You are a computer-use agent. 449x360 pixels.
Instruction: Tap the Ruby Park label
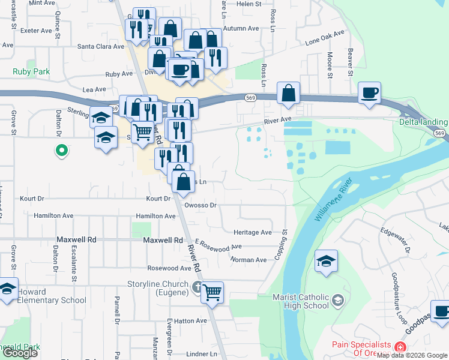pyautogui.click(x=31, y=71)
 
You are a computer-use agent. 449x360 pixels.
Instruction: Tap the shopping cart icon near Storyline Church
pyautogui.click(x=212, y=293)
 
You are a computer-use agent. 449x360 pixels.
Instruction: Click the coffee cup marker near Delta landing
pyautogui.click(x=369, y=93)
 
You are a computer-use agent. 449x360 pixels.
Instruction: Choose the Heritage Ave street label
pyautogui.click(x=253, y=232)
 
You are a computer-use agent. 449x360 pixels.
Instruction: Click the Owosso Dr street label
pyautogui.click(x=200, y=205)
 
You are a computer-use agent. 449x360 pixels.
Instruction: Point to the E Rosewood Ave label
pyautogui.click(x=218, y=247)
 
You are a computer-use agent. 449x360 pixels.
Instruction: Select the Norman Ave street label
pyautogui.click(x=249, y=260)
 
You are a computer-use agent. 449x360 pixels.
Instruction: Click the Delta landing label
pyautogui.click(x=423, y=122)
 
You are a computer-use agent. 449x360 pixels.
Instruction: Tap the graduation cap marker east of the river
pyautogui.click(x=326, y=261)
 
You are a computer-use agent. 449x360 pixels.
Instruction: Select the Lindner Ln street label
pyautogui.click(x=201, y=354)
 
